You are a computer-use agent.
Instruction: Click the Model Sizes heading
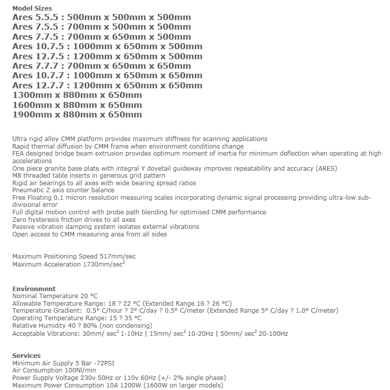(32, 9)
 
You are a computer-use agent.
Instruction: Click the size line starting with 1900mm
(77, 114)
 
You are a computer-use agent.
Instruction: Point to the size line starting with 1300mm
(77, 95)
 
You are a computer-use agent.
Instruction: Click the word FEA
(19, 154)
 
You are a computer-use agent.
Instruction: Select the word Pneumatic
(28, 190)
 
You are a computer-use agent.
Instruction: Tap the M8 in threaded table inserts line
(17, 176)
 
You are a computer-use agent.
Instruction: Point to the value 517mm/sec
(117, 256)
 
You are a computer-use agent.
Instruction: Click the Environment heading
(34, 289)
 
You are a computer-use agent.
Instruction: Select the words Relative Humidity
(36, 325)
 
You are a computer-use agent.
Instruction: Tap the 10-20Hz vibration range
(198, 333)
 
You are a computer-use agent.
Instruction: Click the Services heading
(26, 356)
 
